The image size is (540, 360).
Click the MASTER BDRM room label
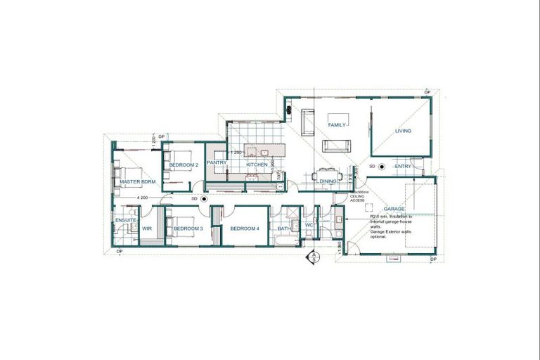[137, 182]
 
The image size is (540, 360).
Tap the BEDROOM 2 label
[184, 165]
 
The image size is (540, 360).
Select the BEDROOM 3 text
[188, 229]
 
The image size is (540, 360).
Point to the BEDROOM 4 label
[245, 229]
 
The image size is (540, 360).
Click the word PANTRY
[217, 164]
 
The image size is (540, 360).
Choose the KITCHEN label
[256, 165]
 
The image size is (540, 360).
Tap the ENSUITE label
[125, 221]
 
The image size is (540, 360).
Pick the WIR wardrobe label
[148, 229]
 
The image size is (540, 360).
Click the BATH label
[284, 229]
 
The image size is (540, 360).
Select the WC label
[309, 225]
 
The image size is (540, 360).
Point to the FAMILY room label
[337, 125]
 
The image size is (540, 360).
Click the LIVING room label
[403, 131]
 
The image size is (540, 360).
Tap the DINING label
[328, 181]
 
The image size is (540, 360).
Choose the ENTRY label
[403, 167]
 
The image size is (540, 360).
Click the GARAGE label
[394, 210]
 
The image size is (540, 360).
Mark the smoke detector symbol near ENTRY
[381, 167]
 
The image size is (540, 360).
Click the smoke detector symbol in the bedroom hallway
[204, 199]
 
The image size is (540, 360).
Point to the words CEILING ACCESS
[357, 197]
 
